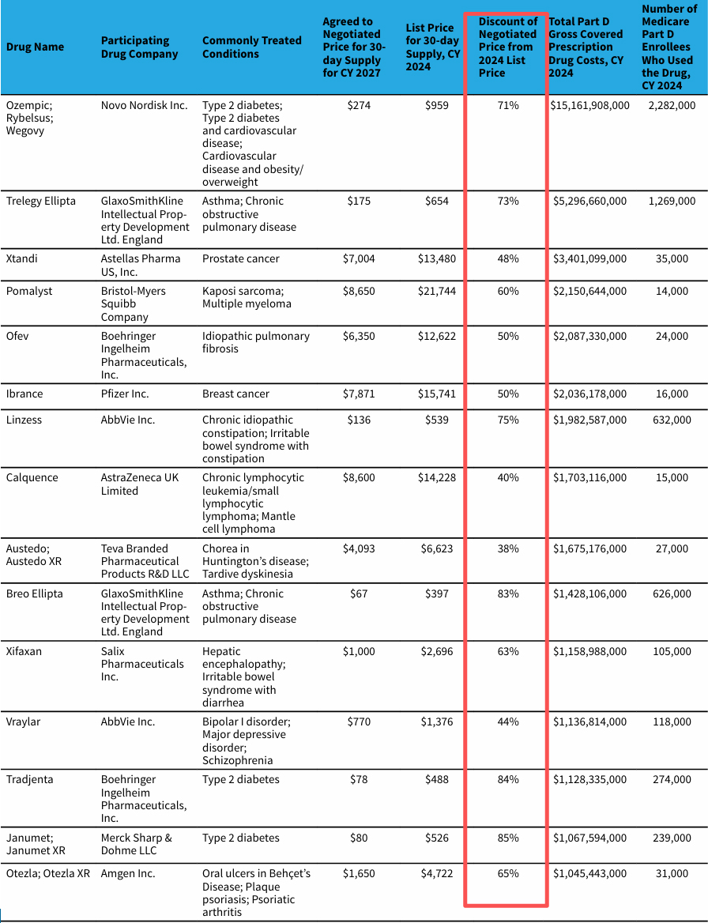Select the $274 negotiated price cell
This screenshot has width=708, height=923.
coord(359,105)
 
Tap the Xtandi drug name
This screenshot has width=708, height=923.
coord(21,258)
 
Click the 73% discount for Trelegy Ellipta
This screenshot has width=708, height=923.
coord(508,201)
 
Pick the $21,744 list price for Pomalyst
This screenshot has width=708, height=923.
coord(433,291)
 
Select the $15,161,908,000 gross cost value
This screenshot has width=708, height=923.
coord(589,105)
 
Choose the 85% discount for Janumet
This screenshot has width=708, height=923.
coord(508,838)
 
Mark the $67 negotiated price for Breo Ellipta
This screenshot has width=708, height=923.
coord(359,593)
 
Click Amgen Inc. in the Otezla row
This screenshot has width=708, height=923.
coord(128,873)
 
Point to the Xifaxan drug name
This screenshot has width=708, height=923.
coord(24,651)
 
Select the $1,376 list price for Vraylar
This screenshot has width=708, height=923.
coord(434,721)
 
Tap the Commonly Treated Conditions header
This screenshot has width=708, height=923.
coord(251,47)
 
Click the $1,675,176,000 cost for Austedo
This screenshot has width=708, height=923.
coord(589,548)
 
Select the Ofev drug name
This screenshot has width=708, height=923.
coord(17,336)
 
